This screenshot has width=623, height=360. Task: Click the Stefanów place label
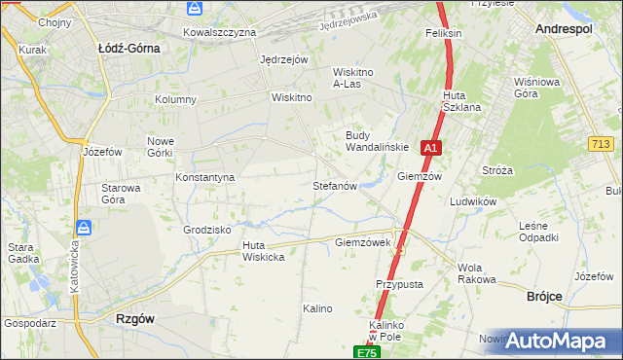pos(336,185)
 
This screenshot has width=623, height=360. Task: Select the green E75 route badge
pos(365,351)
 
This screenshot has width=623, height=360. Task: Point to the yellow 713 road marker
pos(601,144)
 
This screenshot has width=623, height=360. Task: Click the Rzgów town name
pos(134,318)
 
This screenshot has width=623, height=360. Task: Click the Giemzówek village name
pos(362,241)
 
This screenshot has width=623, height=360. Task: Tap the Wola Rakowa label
pos(476,273)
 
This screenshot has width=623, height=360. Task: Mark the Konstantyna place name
pos(205,178)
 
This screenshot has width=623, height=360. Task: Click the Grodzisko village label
pos(206,230)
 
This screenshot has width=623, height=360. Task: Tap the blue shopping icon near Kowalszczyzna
pos(195,9)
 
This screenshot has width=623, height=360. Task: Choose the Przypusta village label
pos(399,284)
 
